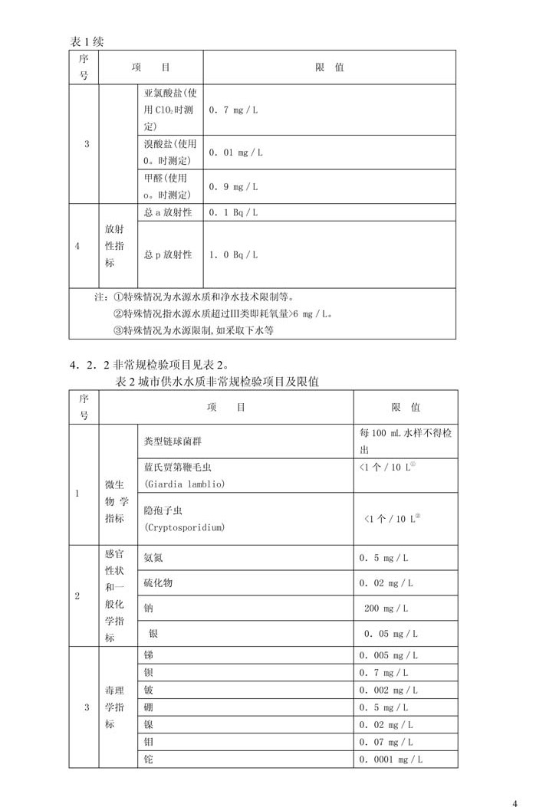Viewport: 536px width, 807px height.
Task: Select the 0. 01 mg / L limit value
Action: point(235,153)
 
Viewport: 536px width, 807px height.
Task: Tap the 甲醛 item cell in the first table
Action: point(169,186)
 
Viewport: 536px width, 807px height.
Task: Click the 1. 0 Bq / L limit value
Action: point(233,254)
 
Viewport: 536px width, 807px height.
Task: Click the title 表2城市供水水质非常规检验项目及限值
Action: point(217,381)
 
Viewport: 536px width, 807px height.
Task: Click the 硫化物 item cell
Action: point(158,583)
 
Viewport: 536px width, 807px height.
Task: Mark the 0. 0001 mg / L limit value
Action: point(391,759)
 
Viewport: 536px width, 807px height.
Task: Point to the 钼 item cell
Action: point(149,742)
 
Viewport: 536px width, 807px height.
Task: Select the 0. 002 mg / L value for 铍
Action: point(388,691)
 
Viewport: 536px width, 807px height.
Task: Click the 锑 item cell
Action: point(149,655)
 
